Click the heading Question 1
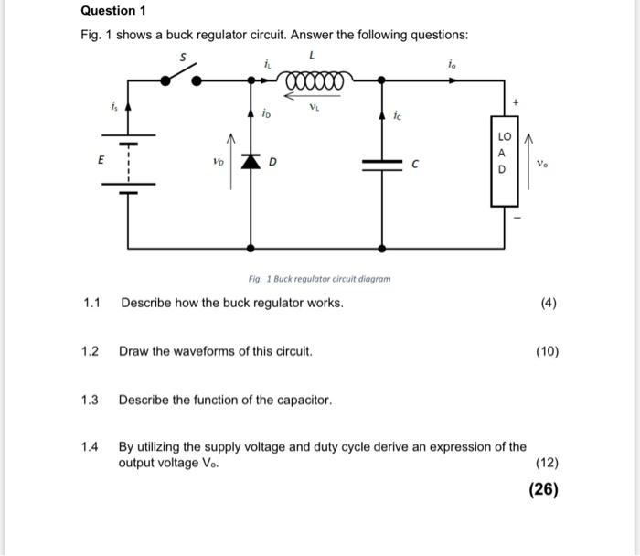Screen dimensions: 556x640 point(113,11)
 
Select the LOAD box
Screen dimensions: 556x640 point(502,160)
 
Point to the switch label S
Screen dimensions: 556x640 point(182,57)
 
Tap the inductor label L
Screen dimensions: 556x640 point(313,57)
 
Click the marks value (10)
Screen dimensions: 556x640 point(547,351)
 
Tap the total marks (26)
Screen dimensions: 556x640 point(543,489)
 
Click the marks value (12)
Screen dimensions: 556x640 point(547,464)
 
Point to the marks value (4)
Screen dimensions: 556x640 point(548,303)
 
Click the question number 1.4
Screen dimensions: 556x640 point(90,447)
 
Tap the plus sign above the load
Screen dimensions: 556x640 point(515,103)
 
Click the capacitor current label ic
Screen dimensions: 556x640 point(397,116)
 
